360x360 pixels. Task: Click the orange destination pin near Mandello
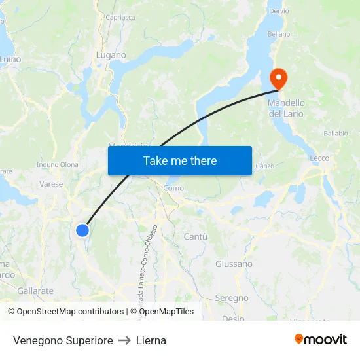point(279,79)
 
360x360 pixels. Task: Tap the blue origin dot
point(82,230)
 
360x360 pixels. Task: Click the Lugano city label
point(111,56)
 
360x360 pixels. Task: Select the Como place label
point(173,188)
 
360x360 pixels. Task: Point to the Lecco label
point(319,158)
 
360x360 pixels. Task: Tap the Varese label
point(51,184)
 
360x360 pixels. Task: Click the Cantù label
point(196,236)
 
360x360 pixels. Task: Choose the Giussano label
point(234,264)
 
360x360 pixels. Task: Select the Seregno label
point(232,298)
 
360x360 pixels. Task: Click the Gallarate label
point(35,291)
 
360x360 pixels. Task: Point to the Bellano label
point(278,34)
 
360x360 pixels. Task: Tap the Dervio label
point(279,11)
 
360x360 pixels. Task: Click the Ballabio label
point(335,134)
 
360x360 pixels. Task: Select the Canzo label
point(264,166)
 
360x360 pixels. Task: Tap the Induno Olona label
point(58,165)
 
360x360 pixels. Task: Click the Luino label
point(10,59)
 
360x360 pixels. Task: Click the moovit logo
point(320,340)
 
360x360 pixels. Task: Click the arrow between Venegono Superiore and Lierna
point(124,340)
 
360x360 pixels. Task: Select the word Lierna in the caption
point(151,340)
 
